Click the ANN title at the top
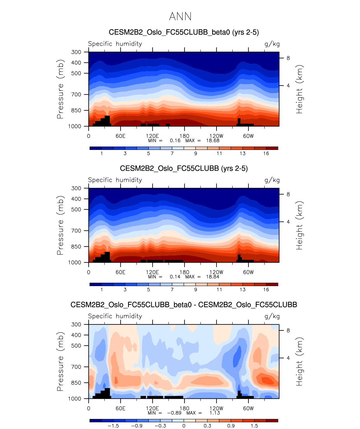(x=180, y=17)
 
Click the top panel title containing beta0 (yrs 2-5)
(x=184, y=32)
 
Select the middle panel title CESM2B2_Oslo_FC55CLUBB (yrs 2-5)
(x=184, y=168)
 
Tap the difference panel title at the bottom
(x=184, y=305)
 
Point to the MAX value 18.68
(x=213, y=140)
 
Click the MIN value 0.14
(x=175, y=277)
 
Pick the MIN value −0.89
(x=174, y=413)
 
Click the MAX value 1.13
(x=215, y=413)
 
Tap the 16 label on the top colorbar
(x=266, y=153)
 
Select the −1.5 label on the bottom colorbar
(x=113, y=426)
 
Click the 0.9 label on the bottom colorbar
(x=231, y=426)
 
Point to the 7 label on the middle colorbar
(x=172, y=289)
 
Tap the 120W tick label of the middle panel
(x=216, y=272)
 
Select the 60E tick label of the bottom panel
(x=120, y=408)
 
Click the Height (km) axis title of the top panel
(x=299, y=89)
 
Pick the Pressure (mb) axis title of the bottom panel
(x=60, y=361)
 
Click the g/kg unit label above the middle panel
(x=272, y=180)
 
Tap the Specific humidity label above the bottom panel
(x=115, y=316)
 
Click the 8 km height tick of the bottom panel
(x=288, y=330)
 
